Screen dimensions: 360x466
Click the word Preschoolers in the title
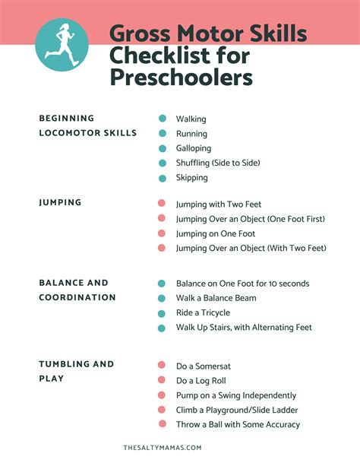182,78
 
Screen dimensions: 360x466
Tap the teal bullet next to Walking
162,119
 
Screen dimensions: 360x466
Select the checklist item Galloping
194,148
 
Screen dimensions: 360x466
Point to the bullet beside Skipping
162,178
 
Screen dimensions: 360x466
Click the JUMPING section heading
60,203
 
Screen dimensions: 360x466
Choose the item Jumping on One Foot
216,233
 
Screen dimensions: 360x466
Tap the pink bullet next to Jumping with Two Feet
162,204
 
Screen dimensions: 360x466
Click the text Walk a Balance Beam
216,298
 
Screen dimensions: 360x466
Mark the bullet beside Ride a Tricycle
162,313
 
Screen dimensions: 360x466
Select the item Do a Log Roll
201,380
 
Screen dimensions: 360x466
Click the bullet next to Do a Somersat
162,365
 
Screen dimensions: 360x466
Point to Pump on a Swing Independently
236,395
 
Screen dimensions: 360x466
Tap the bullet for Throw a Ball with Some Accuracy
162,424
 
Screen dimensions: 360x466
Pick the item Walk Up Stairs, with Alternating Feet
244,328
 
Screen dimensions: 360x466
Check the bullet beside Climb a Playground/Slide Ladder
162,410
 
